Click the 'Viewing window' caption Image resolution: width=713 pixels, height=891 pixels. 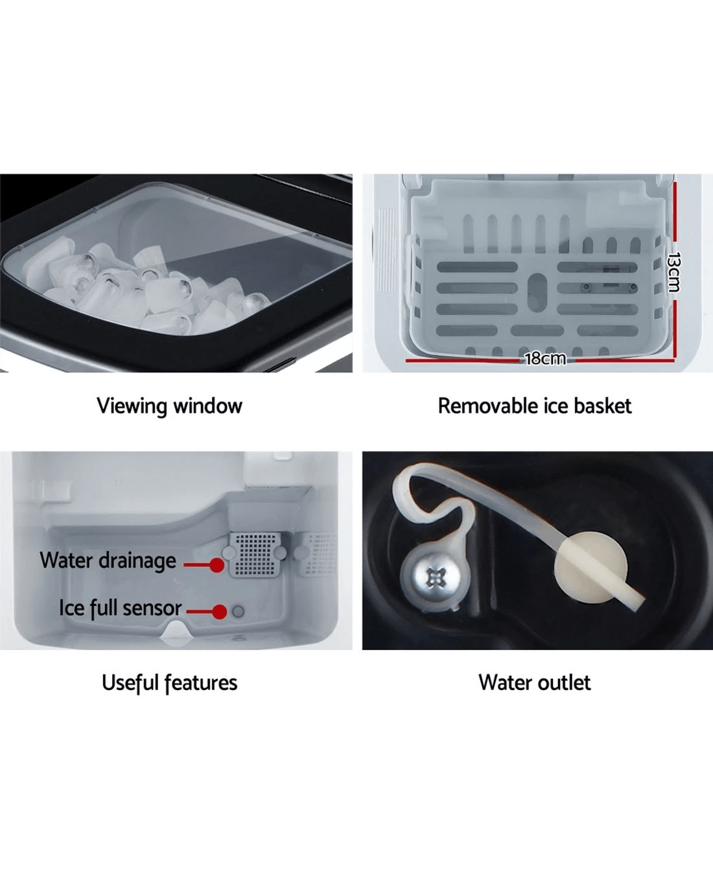click(169, 406)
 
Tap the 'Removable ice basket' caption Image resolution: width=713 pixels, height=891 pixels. click(534, 406)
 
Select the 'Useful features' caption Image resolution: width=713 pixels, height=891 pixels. click(169, 683)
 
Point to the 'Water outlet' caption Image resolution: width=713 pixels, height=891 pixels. click(534, 683)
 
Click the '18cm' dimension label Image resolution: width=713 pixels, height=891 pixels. click(544, 358)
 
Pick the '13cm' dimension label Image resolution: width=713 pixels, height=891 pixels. click(674, 272)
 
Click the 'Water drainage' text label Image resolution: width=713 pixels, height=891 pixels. click(108, 561)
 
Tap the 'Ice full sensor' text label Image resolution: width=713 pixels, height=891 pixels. click(120, 608)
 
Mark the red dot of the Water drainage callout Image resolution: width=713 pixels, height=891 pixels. click(217, 565)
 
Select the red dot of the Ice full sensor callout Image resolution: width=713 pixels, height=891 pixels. click(220, 612)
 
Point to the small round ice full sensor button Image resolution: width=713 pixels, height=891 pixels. click(239, 611)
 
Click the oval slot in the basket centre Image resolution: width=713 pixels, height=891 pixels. click(537, 290)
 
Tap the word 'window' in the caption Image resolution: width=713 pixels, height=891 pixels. click(207, 406)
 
